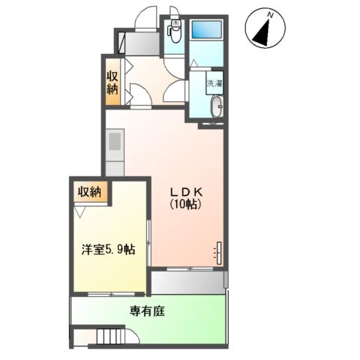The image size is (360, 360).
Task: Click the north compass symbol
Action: pyautogui.click(x=262, y=28)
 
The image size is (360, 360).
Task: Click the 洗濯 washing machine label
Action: pyautogui.click(x=215, y=84)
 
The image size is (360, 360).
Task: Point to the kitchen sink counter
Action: pyautogui.click(x=114, y=150)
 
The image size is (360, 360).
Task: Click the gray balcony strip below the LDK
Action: pyautogui.click(x=187, y=282)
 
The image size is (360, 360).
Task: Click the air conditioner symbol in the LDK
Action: pyautogui.click(x=220, y=252)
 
